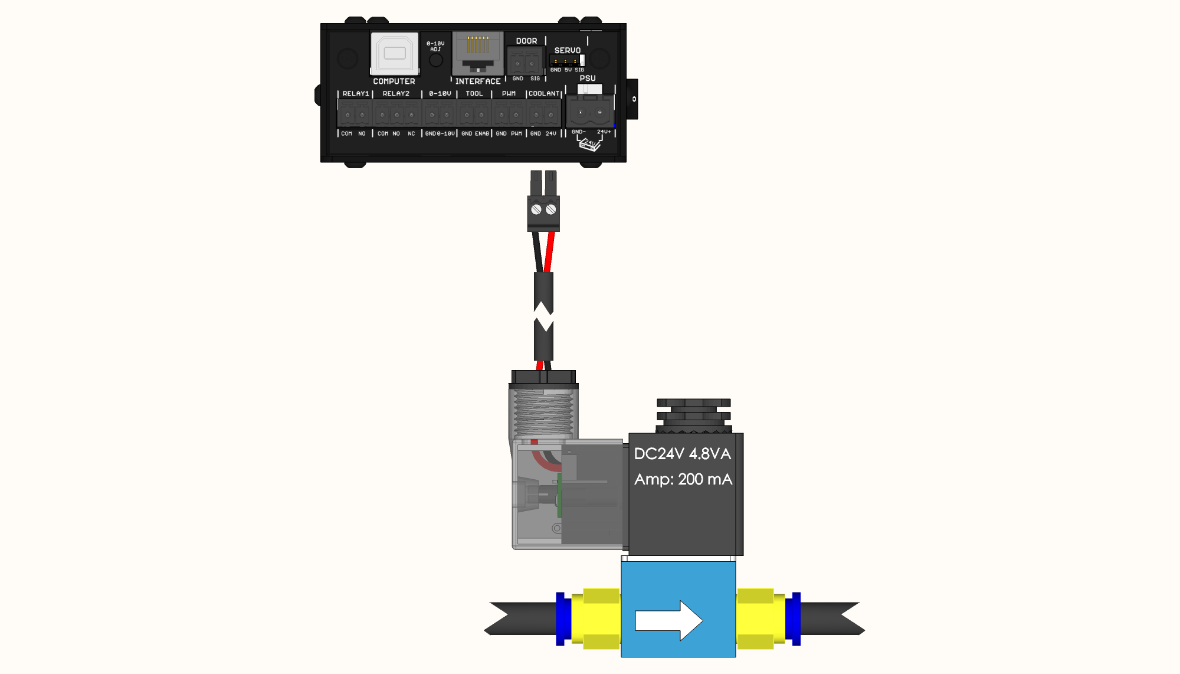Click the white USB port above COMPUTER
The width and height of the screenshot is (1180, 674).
394,53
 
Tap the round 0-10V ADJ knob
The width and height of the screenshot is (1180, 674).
435,60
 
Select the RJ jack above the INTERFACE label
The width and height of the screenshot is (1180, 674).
478,53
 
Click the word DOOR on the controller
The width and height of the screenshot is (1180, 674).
526,41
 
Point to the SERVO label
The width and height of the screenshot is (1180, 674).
567,51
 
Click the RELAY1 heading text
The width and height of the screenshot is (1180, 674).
355,94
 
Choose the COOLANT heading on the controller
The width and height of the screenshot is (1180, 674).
543,94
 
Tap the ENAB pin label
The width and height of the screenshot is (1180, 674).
482,134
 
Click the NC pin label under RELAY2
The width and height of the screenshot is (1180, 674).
411,134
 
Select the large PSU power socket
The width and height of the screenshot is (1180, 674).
590,112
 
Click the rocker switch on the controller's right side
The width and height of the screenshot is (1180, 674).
632,99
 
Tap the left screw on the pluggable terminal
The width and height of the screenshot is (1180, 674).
536,210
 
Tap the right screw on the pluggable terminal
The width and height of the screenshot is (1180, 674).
550,210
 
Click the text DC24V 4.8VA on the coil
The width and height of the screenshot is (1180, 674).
682,454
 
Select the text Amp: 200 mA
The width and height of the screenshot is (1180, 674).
683,479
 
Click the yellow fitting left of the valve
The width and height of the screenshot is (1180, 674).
596,619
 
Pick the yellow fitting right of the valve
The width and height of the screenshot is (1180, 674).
761,619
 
